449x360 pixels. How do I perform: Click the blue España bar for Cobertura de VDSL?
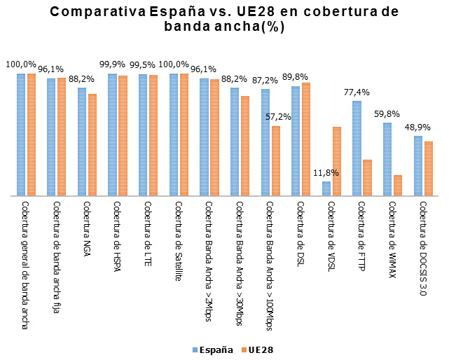tap(326, 188)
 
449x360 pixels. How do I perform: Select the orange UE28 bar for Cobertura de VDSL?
tap(336, 161)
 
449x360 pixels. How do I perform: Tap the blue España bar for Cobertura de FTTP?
tap(357, 148)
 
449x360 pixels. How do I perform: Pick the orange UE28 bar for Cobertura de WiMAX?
tap(398, 186)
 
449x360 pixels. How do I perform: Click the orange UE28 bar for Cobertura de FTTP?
tap(367, 178)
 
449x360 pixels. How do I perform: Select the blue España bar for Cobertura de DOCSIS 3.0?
tap(418, 166)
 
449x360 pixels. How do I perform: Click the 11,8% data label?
tap(326, 173)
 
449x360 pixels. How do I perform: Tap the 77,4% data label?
tap(357, 92)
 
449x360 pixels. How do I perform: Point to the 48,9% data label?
tap(419, 127)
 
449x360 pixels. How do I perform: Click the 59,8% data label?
tap(387, 114)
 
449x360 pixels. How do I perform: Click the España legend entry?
tap(212, 349)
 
